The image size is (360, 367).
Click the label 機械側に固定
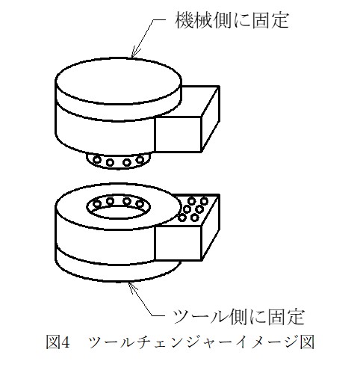(232, 20)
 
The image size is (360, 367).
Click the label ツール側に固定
(238, 317)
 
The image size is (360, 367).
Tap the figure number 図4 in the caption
(58, 342)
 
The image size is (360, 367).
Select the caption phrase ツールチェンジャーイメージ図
(201, 342)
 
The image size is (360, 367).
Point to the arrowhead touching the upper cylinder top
(134, 53)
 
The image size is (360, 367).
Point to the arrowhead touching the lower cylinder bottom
(132, 287)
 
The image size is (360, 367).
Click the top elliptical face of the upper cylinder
(118, 81)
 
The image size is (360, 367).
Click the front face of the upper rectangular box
(178, 135)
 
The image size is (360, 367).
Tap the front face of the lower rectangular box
(178, 243)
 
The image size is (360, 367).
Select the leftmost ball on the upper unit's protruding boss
(97, 159)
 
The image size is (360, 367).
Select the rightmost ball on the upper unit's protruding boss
(140, 159)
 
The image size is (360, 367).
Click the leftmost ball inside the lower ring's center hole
(97, 204)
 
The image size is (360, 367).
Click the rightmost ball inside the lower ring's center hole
(140, 204)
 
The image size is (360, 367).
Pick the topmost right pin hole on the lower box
(204, 200)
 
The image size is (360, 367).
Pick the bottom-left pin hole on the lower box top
(182, 218)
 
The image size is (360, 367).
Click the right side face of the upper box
(210, 119)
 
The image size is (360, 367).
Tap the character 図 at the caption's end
(307, 342)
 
